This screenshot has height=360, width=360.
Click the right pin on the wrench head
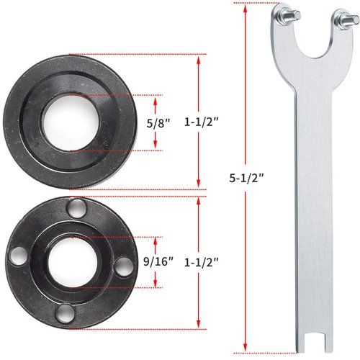coord(337,12)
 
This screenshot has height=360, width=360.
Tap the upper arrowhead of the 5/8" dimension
coord(157,98)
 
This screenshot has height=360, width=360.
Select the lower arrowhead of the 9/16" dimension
coord(158,284)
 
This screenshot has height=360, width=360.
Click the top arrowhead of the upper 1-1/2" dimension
coord(199,58)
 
